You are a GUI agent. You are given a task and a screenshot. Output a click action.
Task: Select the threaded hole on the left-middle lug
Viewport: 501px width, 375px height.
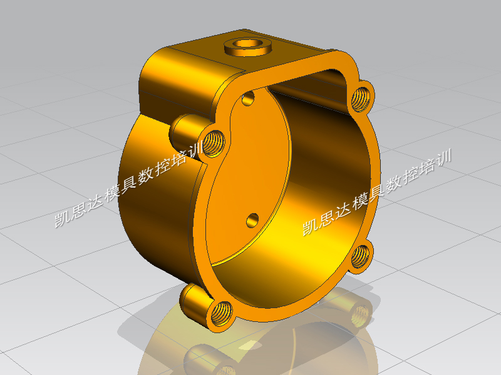[x=214, y=143]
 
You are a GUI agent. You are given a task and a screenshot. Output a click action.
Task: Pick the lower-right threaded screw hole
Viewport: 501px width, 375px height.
[x=360, y=256]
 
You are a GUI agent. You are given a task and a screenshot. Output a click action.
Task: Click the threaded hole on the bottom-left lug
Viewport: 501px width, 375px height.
[x=222, y=314]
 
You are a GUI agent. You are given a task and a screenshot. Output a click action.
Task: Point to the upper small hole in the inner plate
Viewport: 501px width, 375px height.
[x=248, y=98]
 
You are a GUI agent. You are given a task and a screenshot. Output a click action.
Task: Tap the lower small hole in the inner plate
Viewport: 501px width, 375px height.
[x=252, y=221]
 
